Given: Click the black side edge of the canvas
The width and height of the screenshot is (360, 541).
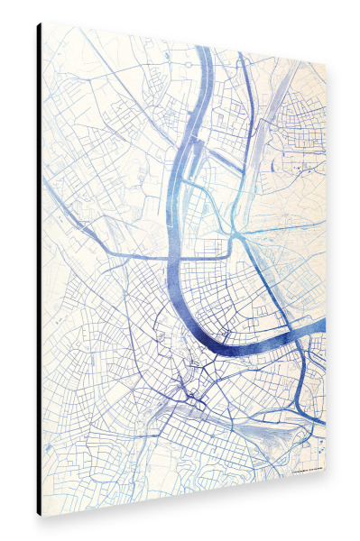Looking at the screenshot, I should pyautogui.click(x=39, y=270).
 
